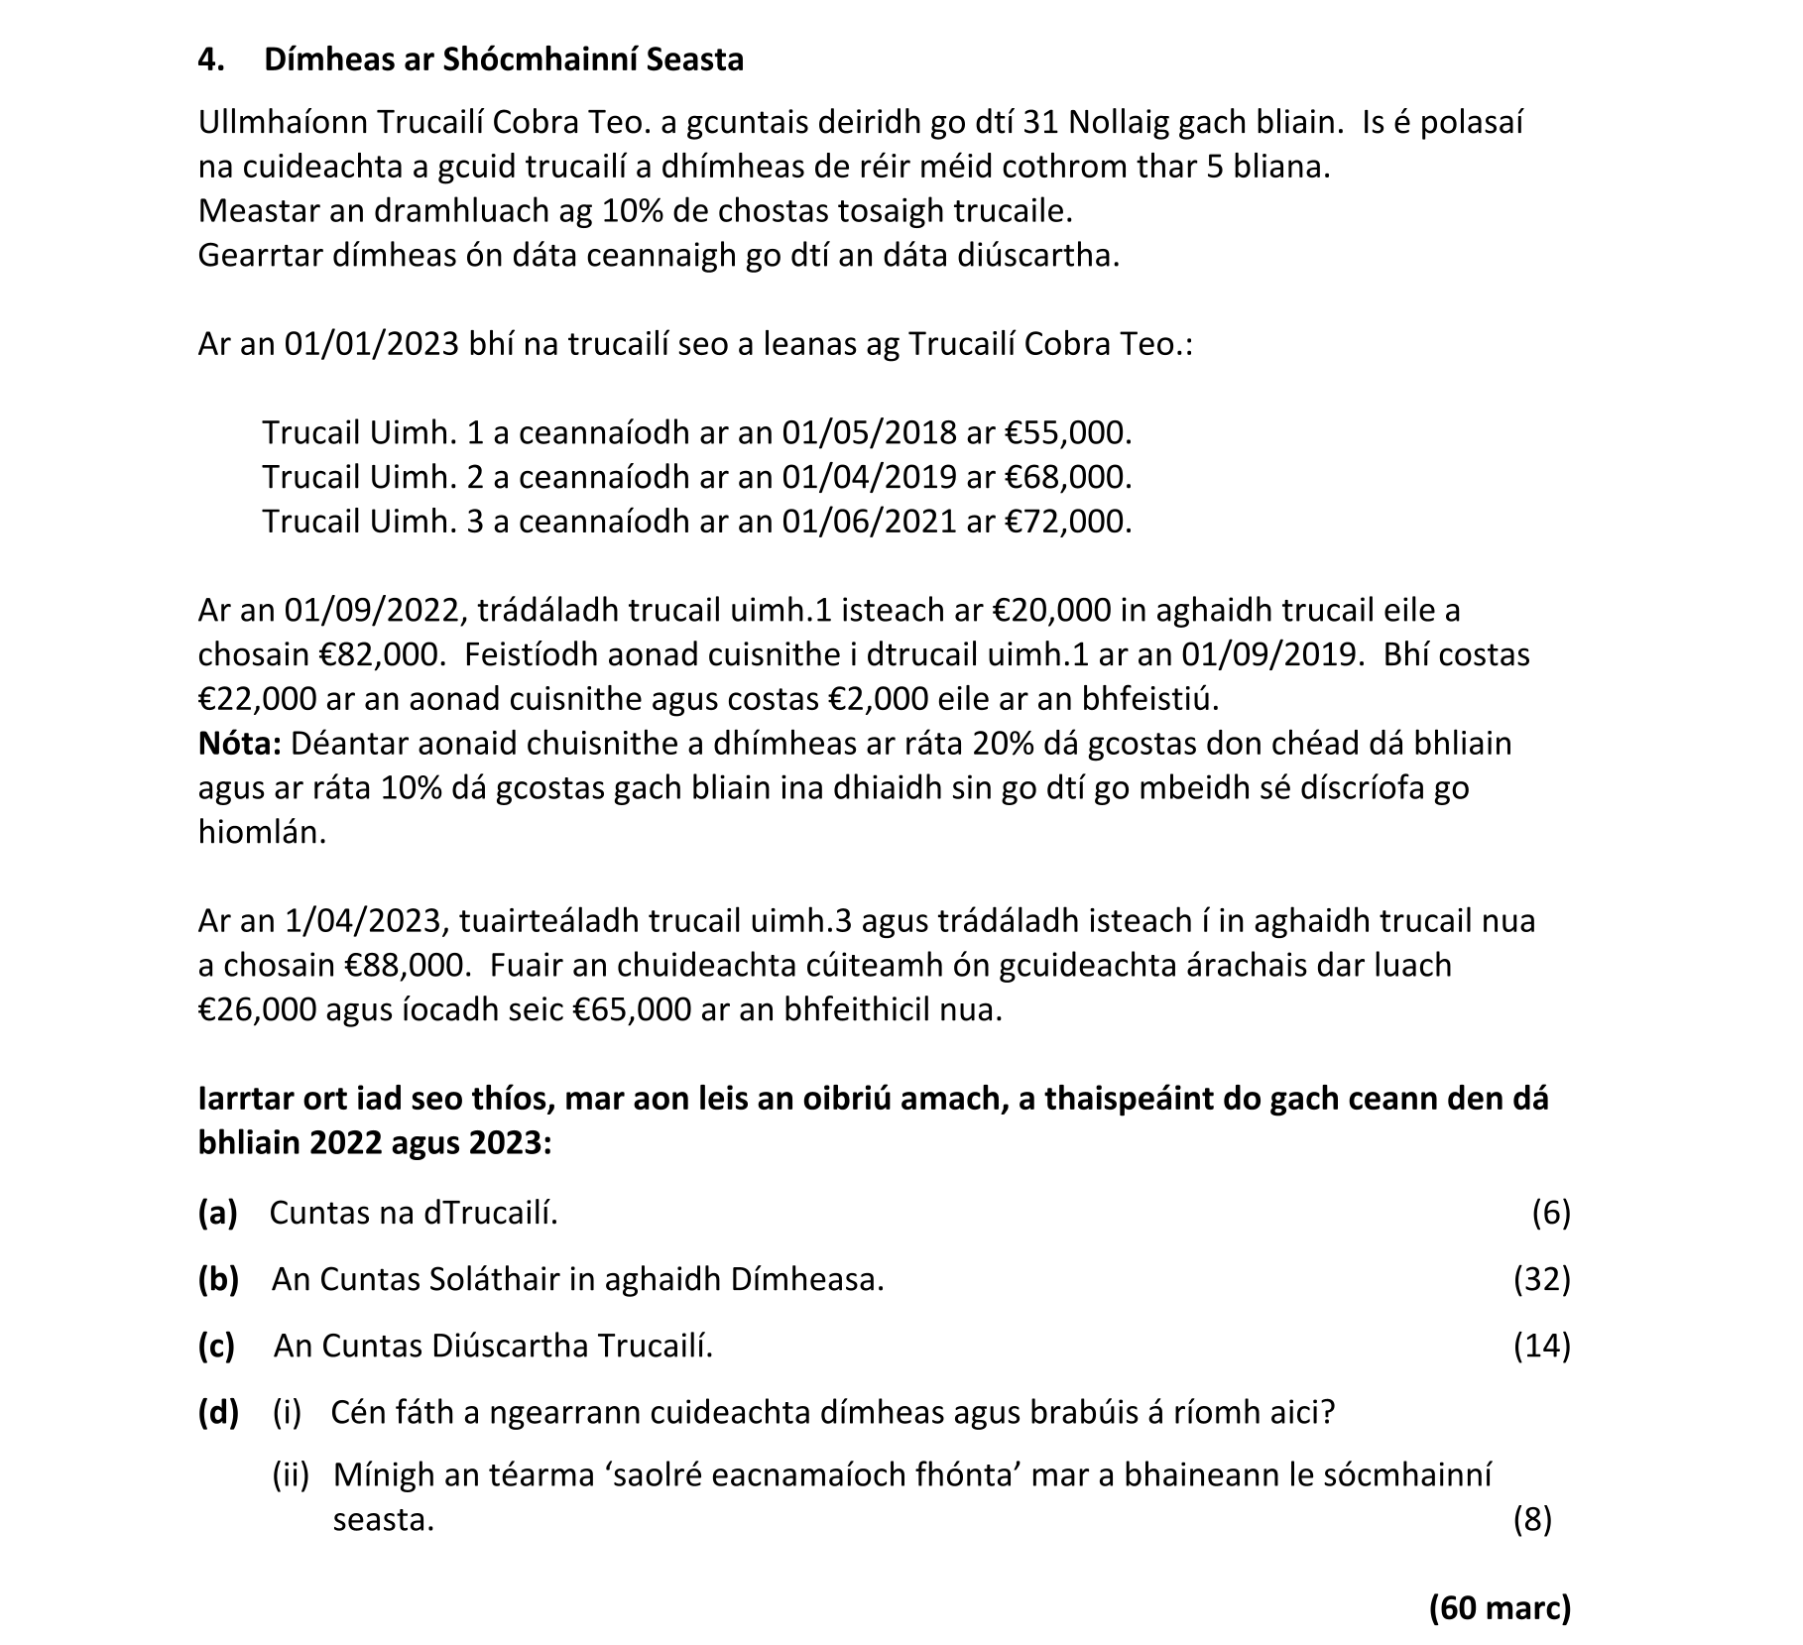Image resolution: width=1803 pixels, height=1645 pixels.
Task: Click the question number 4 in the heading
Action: click(209, 60)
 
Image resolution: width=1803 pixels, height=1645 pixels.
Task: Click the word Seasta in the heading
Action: click(693, 60)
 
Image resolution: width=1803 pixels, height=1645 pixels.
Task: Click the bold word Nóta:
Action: click(240, 744)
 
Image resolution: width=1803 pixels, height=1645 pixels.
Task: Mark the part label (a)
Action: click(217, 1213)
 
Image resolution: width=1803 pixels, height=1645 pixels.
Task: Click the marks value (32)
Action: click(1541, 1280)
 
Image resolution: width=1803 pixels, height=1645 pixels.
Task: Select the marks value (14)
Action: click(1541, 1347)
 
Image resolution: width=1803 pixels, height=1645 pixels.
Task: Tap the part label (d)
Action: click(218, 1413)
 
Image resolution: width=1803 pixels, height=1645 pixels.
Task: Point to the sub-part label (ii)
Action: click(291, 1475)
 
